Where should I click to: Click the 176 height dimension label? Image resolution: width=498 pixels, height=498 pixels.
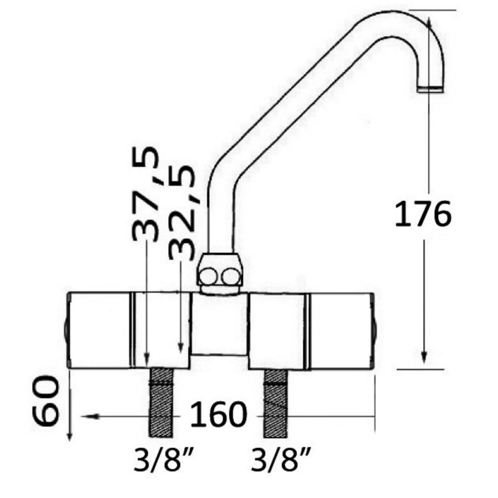coord(423,214)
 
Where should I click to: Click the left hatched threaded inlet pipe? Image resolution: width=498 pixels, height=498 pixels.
coord(161,402)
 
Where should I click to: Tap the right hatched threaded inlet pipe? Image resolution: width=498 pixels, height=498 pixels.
coord(276,402)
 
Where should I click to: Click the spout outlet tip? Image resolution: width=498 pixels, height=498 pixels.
coord(430,90)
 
